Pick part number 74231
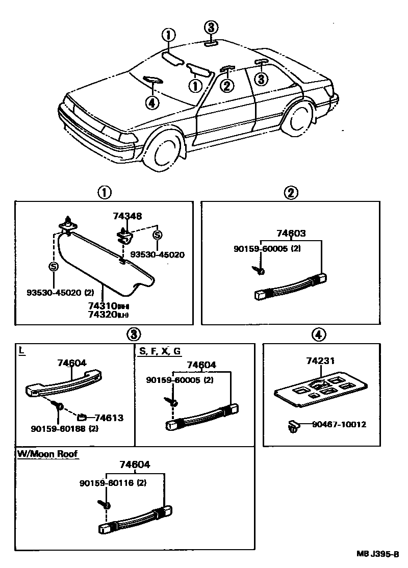coord(320,361)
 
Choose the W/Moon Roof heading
coord(48,453)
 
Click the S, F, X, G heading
coord(159,351)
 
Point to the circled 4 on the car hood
coord(151,102)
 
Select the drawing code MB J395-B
coord(381,553)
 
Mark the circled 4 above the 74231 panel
coord(318,334)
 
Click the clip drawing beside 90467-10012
coord(293,425)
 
